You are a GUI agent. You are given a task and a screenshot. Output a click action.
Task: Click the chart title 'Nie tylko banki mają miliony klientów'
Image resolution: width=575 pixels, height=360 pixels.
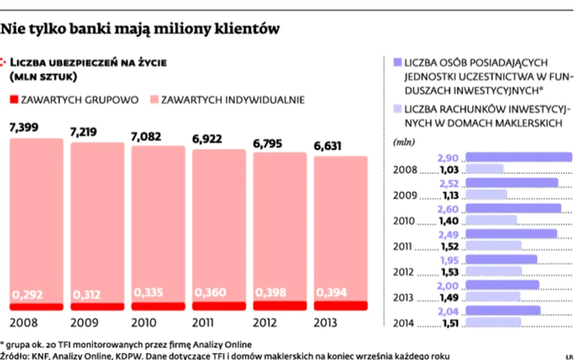(x=139, y=29)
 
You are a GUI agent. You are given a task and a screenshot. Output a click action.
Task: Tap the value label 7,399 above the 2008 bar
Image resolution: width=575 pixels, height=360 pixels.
(x=24, y=129)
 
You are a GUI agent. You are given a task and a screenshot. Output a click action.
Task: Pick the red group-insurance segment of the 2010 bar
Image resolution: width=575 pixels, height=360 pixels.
(x=158, y=306)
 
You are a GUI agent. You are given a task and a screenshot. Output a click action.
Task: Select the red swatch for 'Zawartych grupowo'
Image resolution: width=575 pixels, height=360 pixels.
(x=14, y=100)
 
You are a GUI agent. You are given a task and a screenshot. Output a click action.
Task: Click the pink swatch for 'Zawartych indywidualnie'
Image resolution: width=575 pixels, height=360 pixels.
(x=154, y=100)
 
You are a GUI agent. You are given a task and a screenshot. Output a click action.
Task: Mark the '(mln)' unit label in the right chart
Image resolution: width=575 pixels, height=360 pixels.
(x=404, y=142)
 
